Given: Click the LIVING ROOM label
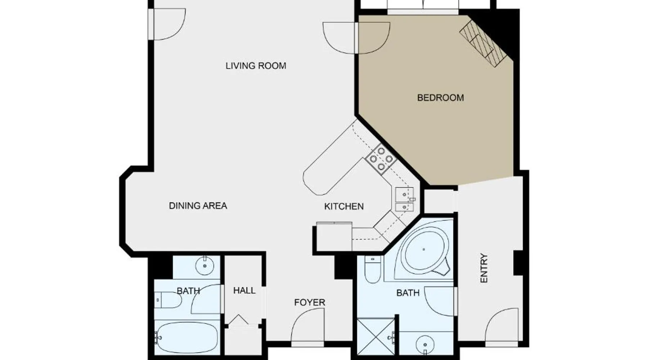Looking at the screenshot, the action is point(256,66).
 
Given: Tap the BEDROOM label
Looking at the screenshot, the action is point(440,98).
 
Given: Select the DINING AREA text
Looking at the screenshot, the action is point(198,206).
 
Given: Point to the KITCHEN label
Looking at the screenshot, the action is point(344,206).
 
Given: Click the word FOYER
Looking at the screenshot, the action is point(310,302).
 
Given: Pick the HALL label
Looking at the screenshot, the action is point(244,291).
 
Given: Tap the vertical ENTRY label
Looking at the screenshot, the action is point(484,268).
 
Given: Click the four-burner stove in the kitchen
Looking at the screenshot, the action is point(381,159).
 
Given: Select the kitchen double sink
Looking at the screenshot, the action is point(405,199).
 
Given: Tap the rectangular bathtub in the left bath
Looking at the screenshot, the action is point(187,338).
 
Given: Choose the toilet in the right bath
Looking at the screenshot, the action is point(373,269).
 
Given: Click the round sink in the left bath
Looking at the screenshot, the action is point(205,266).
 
